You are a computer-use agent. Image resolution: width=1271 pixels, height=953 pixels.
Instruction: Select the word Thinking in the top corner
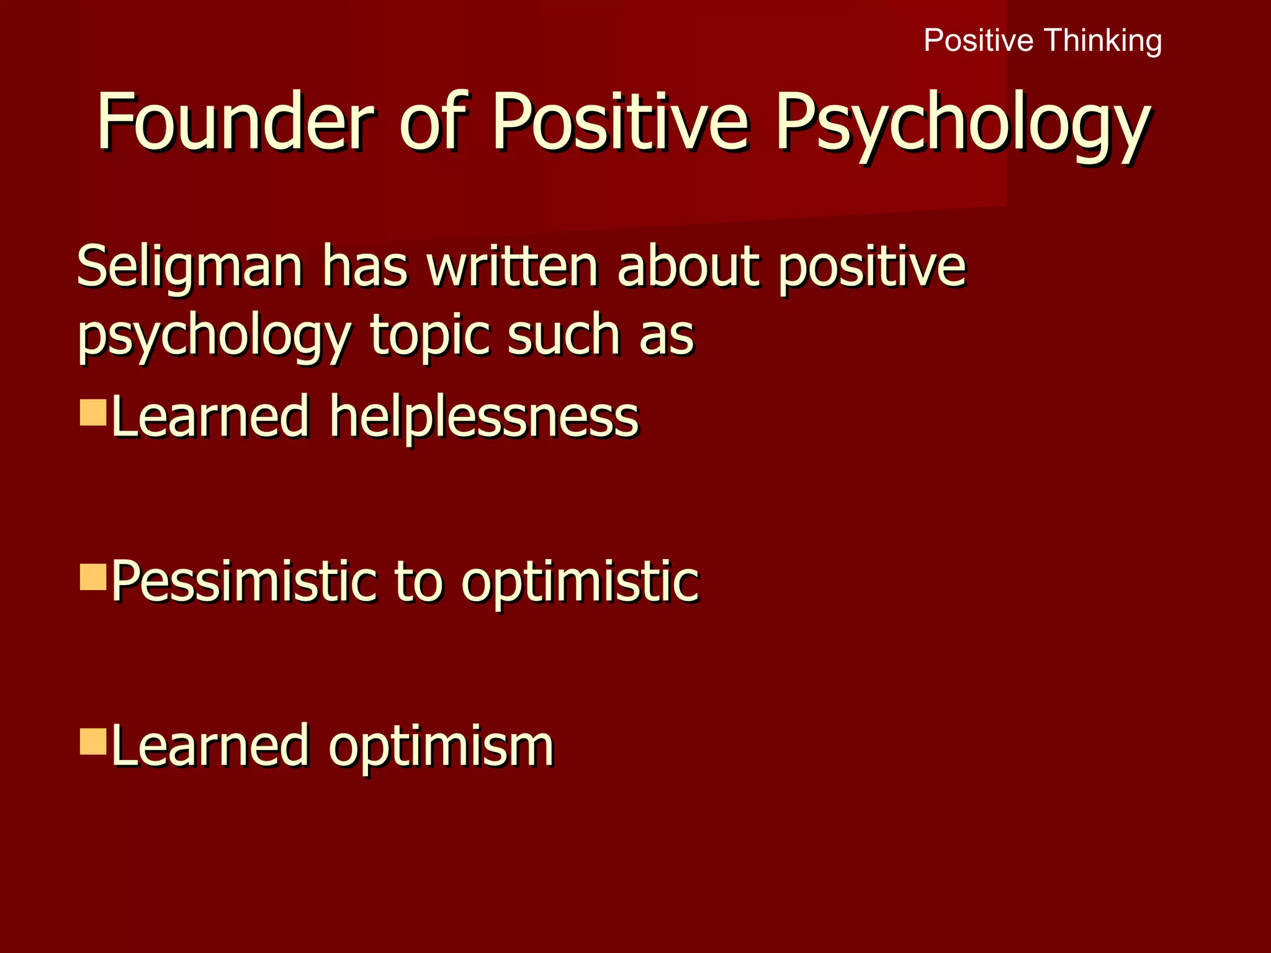[x=1102, y=41]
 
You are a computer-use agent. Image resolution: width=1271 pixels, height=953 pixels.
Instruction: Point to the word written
[x=513, y=267]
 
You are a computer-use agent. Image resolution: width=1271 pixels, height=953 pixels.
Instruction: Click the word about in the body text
[x=689, y=267]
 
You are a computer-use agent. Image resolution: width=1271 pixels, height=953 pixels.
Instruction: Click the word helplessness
[x=484, y=416]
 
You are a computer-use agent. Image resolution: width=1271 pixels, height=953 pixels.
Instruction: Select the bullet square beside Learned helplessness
[x=93, y=412]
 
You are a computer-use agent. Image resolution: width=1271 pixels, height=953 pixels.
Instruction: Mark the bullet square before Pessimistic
[x=93, y=577]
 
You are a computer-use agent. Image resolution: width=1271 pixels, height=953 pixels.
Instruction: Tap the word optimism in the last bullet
[x=441, y=746]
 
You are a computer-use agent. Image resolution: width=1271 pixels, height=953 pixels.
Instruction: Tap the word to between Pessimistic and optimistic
[x=418, y=582]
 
